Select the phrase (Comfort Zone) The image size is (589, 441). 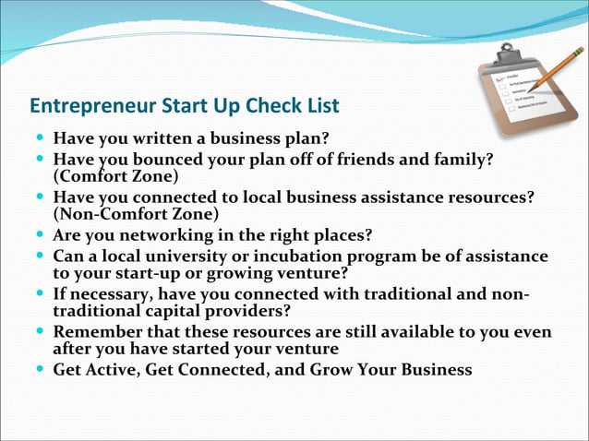pos(115,175)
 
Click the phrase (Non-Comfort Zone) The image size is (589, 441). pos(136,213)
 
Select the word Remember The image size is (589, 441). pos(98,331)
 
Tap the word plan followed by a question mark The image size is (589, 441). pos(307,138)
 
